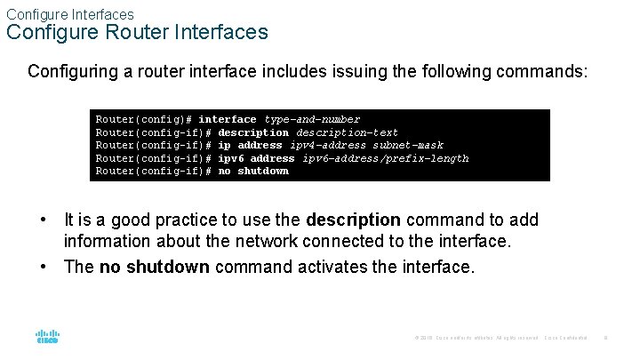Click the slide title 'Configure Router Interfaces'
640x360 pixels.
[x=137, y=33]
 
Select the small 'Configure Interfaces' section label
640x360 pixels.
[x=70, y=14]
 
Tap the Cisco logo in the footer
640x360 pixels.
[x=47, y=336]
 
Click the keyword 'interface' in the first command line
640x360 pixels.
[x=228, y=119]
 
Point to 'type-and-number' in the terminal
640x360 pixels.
[x=312, y=119]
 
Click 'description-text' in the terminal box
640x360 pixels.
[x=347, y=132]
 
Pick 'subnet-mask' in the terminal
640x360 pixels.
[x=408, y=145]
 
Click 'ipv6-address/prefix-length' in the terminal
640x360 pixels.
[x=386, y=158]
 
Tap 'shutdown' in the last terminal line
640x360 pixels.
[x=263, y=171]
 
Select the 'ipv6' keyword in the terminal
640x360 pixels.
[x=231, y=158]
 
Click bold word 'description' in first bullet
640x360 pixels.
[x=353, y=220]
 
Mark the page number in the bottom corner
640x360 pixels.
[x=604, y=338]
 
